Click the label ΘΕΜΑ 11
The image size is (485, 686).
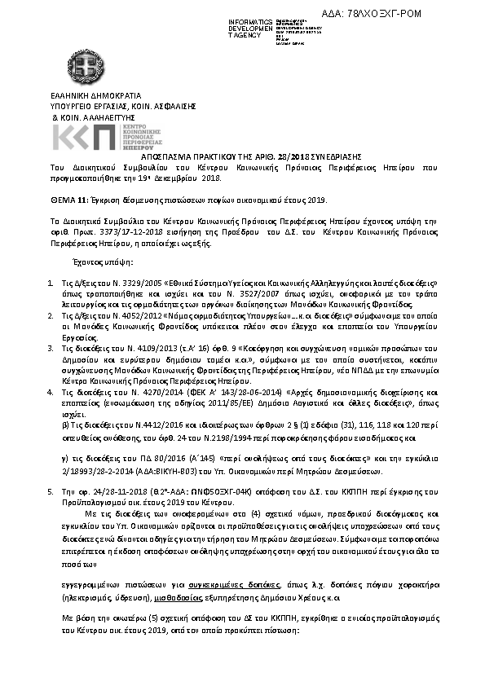pyautogui.click(x=68, y=199)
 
